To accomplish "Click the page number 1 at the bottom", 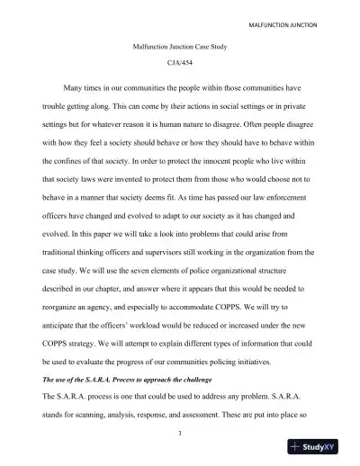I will click(x=180, y=455).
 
